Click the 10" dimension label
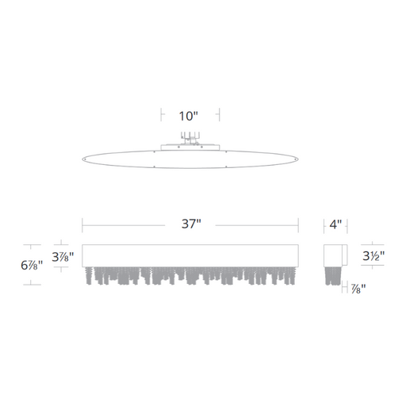[189, 116]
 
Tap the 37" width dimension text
[191, 224]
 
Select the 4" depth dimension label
[335, 224]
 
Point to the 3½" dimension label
[373, 256]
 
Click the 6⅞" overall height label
[32, 265]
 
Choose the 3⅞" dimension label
[63, 256]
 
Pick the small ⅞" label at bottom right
[358, 289]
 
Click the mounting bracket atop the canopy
[190, 138]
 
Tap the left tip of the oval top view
[82, 159]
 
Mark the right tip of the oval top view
[298, 159]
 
